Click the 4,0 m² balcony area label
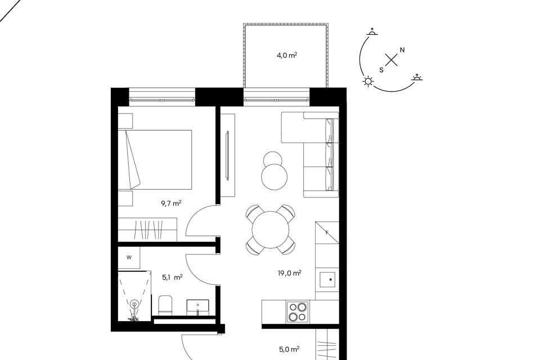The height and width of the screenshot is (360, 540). pyautogui.click(x=287, y=55)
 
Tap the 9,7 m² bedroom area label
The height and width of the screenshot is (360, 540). pyautogui.click(x=171, y=203)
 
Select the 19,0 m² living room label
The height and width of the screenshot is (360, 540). pyautogui.click(x=290, y=273)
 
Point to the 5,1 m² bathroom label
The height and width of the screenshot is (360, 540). pyautogui.click(x=172, y=277)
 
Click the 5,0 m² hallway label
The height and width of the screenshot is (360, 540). pyautogui.click(x=289, y=349)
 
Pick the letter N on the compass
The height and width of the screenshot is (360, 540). pyautogui.click(x=402, y=50)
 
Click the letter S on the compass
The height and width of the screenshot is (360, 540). pyautogui.click(x=381, y=70)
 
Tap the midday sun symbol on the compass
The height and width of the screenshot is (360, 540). pyautogui.click(x=368, y=82)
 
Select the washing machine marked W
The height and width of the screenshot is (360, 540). pyautogui.click(x=129, y=258)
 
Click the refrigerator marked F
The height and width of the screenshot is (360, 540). pyautogui.click(x=327, y=233)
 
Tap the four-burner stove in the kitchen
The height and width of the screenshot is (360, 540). pyautogui.click(x=298, y=312)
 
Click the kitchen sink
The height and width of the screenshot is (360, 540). pyautogui.click(x=327, y=280)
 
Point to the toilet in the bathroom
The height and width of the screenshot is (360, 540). pyautogui.click(x=165, y=305)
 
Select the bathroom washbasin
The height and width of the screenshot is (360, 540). pyautogui.click(x=197, y=307)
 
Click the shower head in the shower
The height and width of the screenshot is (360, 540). pyautogui.click(x=134, y=304)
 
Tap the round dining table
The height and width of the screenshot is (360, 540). pyautogui.click(x=271, y=229)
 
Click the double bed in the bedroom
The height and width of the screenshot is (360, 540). pyautogui.click(x=155, y=160)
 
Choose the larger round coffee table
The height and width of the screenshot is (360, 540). pyautogui.click(x=274, y=177)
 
